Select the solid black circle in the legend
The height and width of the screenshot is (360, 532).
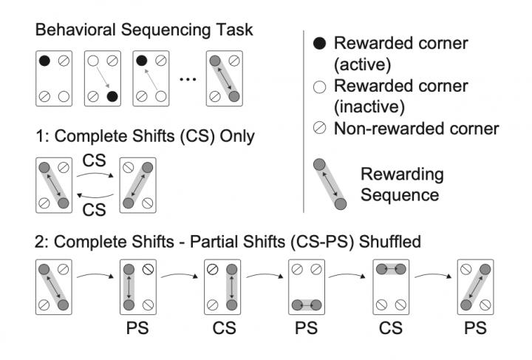[x=319, y=44]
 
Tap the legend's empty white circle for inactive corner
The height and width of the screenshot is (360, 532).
[x=319, y=86]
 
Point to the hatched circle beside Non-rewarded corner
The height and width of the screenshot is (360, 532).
[x=319, y=129]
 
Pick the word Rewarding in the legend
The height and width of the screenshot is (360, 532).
[x=402, y=175]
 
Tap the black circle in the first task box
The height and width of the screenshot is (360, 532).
[x=45, y=61]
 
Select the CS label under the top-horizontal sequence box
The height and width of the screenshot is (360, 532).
[x=389, y=327]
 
